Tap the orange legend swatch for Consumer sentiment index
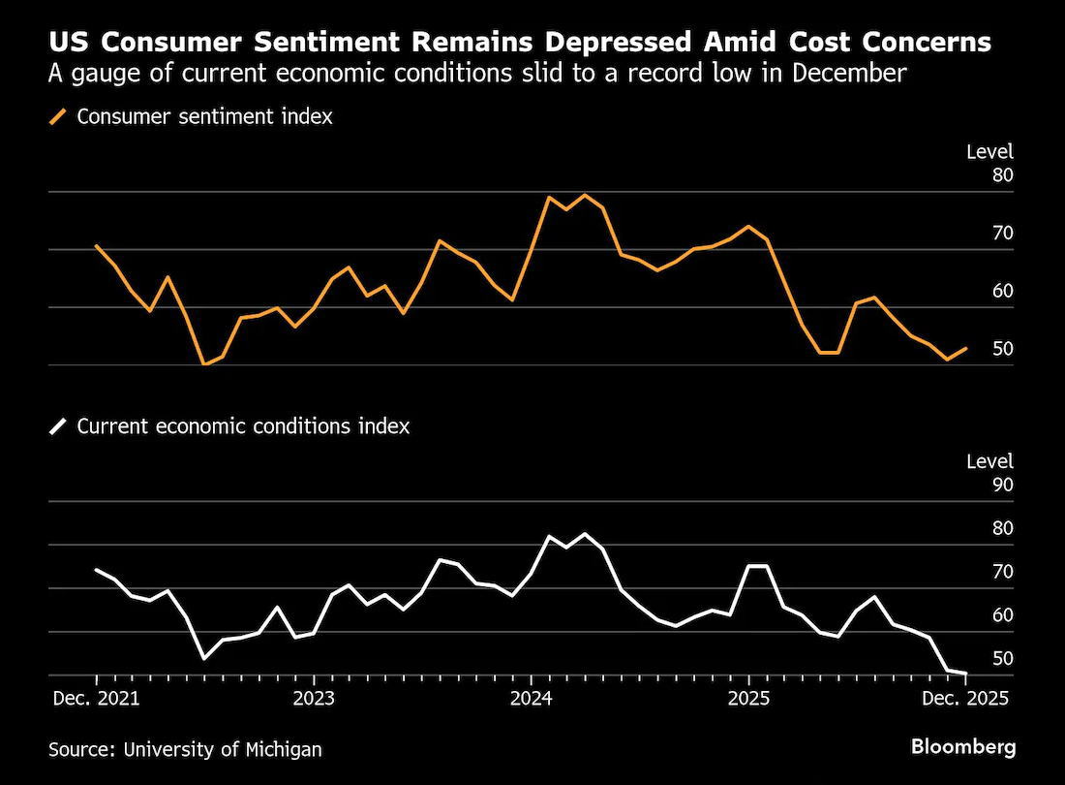59,117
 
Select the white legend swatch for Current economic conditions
59,426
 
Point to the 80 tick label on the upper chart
1002,175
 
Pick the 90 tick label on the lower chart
1002,485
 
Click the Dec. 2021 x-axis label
96,699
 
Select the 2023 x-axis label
314,699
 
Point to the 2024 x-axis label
531,699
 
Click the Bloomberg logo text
963,747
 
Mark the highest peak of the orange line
585,195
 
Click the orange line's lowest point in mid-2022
204,364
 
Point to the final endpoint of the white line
966,674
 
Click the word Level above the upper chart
989,151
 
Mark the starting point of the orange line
96,245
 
